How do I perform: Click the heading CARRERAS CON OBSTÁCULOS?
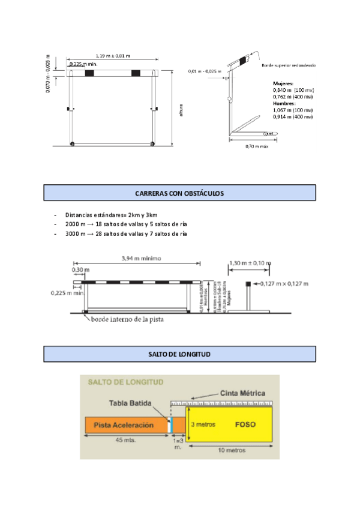click(179, 193)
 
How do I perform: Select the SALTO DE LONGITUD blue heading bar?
click(179, 355)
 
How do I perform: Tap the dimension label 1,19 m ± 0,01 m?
click(113, 56)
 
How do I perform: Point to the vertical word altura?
click(180, 110)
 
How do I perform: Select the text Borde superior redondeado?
click(289, 65)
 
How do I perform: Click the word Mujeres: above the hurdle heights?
click(283, 83)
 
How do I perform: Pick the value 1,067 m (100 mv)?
click(293, 110)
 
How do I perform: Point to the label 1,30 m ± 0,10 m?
click(250, 263)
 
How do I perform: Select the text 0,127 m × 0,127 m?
click(284, 283)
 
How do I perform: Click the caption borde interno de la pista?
click(127, 320)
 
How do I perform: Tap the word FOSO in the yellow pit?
click(245, 424)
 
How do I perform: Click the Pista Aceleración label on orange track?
click(124, 425)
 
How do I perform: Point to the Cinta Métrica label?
click(242, 393)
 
